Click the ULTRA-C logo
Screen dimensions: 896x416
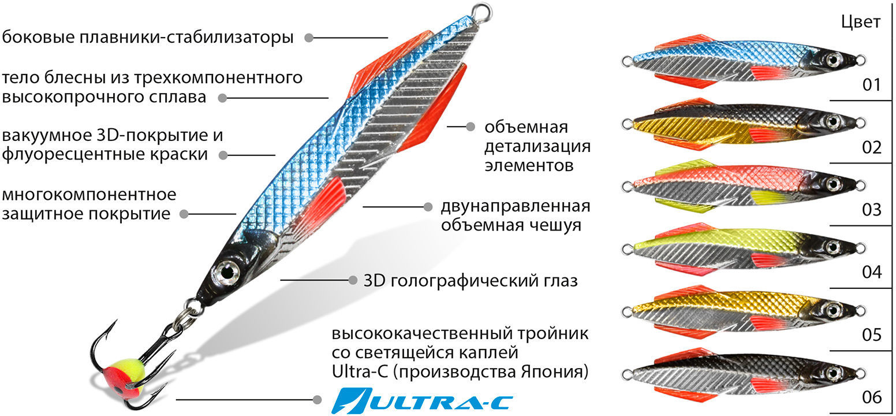[422, 401]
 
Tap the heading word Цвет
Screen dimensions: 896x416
[861, 23]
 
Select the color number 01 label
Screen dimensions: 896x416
[872, 85]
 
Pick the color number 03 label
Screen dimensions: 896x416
[872, 210]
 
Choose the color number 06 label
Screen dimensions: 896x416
[872, 397]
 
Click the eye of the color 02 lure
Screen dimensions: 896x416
[832, 121]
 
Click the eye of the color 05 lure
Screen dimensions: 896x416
[832, 309]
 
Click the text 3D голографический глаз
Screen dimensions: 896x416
[471, 281]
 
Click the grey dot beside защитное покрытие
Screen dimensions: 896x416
[184, 214]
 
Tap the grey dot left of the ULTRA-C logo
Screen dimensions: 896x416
[317, 400]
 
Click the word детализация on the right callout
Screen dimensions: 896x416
[537, 147]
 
